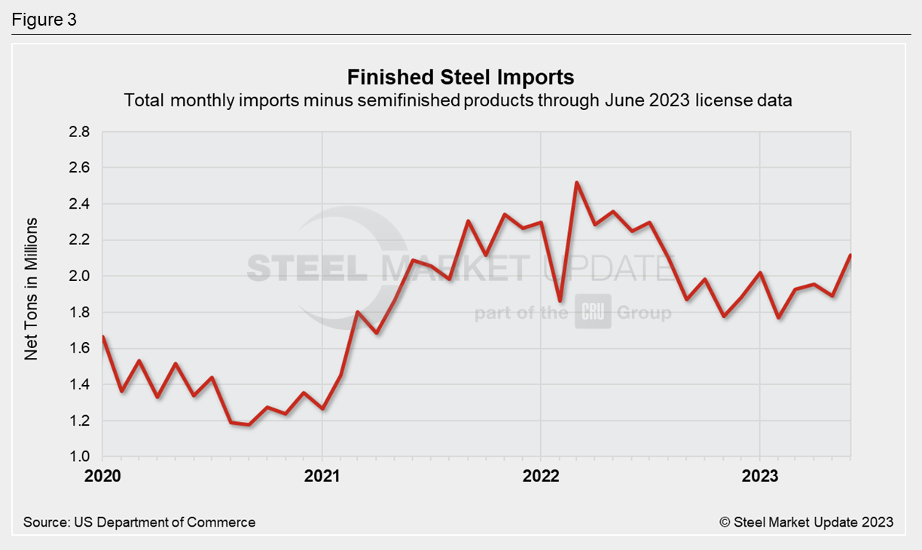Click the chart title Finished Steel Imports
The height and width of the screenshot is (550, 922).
[x=460, y=77]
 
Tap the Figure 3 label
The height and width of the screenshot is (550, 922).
[x=44, y=20]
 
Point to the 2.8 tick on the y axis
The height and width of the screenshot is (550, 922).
[x=79, y=132]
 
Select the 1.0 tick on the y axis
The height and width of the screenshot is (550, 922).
[x=79, y=457]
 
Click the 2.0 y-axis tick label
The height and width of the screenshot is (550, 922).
[x=79, y=277]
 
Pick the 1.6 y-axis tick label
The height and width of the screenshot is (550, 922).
[x=79, y=349]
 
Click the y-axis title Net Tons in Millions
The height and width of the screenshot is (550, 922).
[x=31, y=289]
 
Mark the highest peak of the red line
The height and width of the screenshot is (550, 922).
[x=576, y=182]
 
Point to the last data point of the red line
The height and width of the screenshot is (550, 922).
[x=850, y=255]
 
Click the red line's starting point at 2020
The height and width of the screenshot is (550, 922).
[x=102, y=337]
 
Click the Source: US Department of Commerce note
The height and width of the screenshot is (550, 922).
[x=139, y=522]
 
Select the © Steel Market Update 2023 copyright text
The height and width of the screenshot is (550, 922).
[x=806, y=522]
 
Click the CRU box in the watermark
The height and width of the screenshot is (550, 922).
[x=594, y=312]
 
